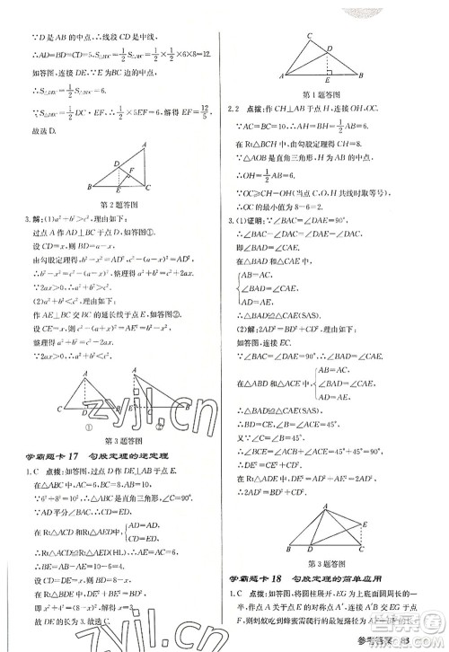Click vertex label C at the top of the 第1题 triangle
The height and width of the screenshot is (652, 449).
(x=308, y=35)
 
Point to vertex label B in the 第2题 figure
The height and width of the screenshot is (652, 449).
(x=89, y=187)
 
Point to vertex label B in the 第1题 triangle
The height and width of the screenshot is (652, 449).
(x=362, y=75)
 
